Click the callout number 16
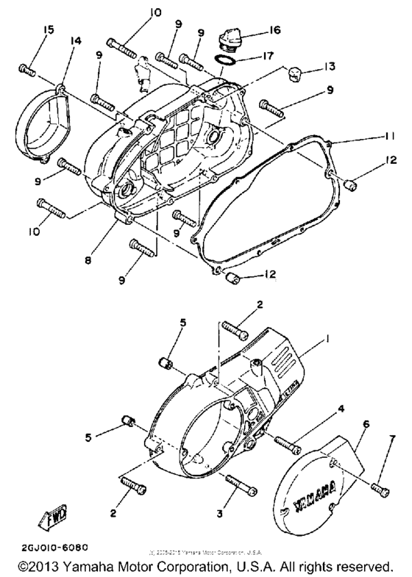(274, 32)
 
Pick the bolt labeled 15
(27, 69)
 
